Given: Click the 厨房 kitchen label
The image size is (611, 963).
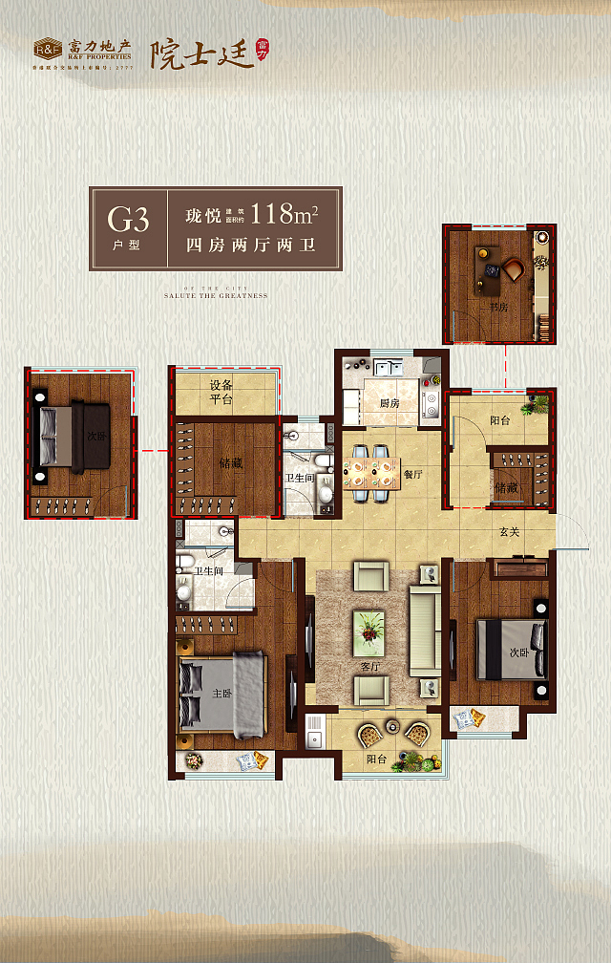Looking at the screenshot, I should coord(389,403).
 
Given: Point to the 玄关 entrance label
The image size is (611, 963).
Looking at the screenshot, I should coord(509,532).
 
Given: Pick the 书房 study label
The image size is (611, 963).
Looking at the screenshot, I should coord(497,309).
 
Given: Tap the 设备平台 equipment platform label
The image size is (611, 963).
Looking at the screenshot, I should coord(221,392).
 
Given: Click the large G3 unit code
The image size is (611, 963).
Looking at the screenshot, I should coord(128,221).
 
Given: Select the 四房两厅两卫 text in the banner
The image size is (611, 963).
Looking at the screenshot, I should coord(249,246).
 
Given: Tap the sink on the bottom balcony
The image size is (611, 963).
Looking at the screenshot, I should coord(314,738).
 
